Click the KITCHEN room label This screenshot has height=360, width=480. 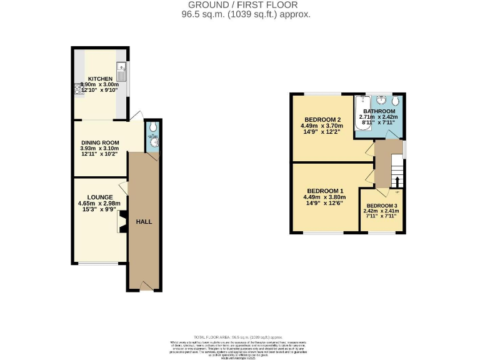100,79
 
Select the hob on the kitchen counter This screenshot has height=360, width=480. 79,89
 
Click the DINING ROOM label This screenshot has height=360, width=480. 99,142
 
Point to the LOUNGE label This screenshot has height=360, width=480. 99,197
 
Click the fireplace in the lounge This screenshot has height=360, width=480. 122,221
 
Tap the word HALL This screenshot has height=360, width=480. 144,222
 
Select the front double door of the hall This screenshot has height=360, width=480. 146,287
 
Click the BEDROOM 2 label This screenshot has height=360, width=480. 322,119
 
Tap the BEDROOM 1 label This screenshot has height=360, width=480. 325,191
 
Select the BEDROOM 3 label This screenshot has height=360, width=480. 381,206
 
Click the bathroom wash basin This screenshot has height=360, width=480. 381,101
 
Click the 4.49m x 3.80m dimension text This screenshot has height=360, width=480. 325,197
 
